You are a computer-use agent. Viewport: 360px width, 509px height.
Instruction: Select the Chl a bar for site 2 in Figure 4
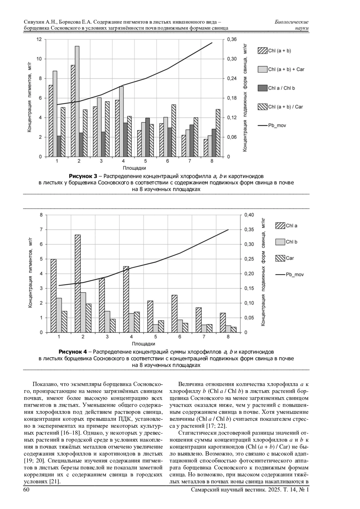(x=78, y=283)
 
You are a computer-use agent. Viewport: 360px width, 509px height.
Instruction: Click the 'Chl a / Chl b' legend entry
(x=276, y=88)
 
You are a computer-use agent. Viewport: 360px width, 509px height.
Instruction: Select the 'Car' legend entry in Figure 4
(x=285, y=258)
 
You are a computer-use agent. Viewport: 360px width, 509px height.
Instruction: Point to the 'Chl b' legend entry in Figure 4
(x=286, y=242)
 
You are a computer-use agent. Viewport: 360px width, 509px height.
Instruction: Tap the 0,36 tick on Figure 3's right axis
(x=232, y=39)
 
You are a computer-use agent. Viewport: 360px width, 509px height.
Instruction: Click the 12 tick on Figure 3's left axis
(x=39, y=39)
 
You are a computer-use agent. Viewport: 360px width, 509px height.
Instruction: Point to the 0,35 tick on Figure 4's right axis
(x=249, y=230)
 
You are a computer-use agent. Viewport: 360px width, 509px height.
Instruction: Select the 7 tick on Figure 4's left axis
(x=41, y=230)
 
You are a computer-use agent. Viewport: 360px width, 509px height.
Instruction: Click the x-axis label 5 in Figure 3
(x=145, y=161)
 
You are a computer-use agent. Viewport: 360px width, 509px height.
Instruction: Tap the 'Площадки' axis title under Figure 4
(x=143, y=344)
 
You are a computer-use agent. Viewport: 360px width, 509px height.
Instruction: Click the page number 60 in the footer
(x=26, y=490)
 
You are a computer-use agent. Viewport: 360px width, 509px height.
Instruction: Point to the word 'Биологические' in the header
(x=291, y=22)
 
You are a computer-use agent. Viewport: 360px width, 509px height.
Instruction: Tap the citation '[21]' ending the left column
(x=54, y=482)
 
